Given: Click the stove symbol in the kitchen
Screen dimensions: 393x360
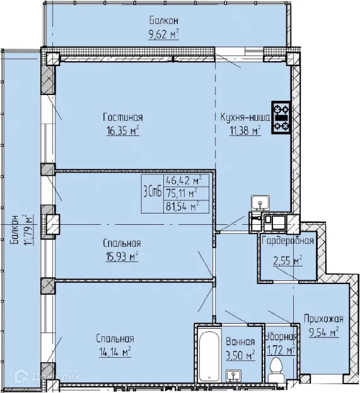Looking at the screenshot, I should point(281,118).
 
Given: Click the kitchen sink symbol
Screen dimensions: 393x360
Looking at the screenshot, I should point(260,203).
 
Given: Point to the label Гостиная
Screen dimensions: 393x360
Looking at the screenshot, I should point(123,118).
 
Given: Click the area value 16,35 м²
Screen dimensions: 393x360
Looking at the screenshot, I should point(123,131).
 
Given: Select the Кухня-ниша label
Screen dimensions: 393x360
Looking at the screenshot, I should point(245,118).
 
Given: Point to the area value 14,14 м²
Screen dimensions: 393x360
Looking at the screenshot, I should point(114,351).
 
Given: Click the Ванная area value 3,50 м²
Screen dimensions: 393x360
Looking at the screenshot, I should point(240,355).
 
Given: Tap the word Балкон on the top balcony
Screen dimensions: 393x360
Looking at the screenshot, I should point(163,21).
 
